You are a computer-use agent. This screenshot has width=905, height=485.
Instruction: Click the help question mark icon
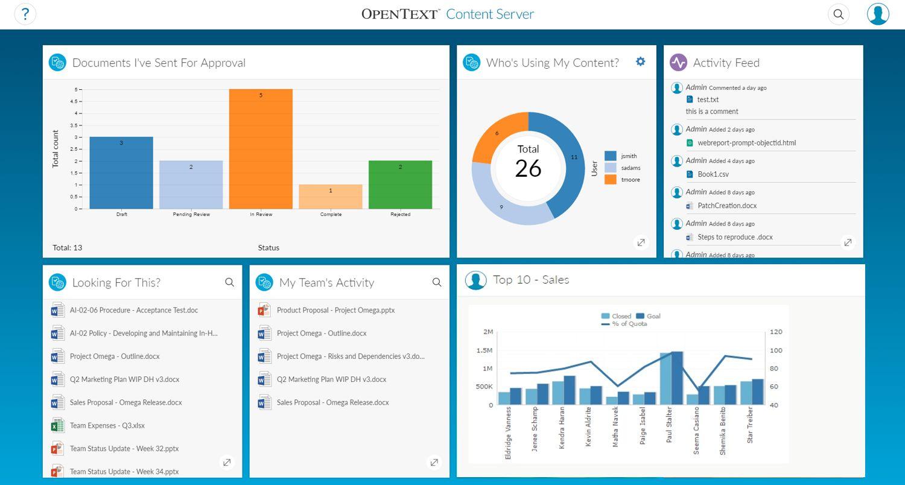pos(25,14)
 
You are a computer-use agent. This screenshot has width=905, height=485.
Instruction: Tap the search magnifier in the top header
pos(838,14)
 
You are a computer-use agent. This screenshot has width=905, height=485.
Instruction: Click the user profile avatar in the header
pos(878,14)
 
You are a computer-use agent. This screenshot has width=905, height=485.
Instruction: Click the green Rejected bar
pos(400,185)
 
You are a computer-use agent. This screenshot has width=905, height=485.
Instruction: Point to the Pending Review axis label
pos(191,214)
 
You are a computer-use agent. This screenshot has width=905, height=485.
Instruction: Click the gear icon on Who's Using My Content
pos(640,62)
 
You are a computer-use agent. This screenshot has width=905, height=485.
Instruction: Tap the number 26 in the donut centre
pos(528,168)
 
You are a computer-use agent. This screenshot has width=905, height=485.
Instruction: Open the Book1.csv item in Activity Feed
pos(713,174)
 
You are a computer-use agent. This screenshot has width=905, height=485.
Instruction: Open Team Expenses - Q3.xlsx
pos(107,425)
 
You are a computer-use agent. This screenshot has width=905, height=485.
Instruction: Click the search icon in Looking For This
pos(229,282)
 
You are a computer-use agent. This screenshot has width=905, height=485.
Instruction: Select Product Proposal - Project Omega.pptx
pos(335,310)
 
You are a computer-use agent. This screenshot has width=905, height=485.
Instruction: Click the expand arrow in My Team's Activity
pos(434,463)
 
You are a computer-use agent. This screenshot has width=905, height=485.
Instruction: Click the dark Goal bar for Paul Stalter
pos(677,378)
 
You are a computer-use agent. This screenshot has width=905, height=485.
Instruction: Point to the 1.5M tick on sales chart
pos(484,350)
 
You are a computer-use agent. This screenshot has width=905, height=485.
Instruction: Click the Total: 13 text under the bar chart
pos(67,247)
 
